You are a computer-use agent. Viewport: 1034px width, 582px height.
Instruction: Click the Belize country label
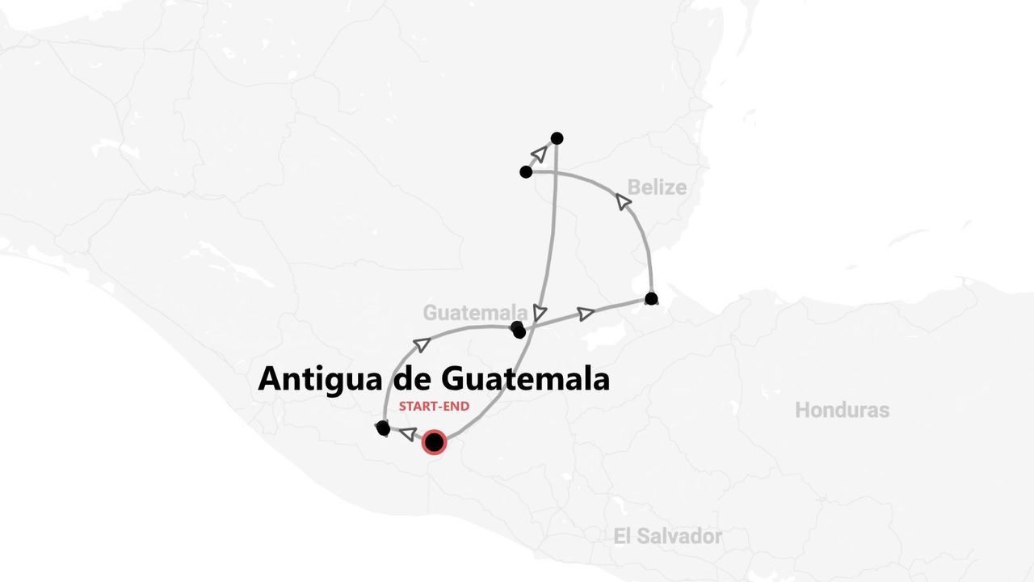(x=657, y=188)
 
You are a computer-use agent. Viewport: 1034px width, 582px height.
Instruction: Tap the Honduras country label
(x=842, y=410)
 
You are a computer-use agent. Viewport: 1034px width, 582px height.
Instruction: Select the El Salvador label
(x=667, y=536)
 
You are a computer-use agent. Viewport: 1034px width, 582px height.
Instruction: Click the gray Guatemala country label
(x=475, y=313)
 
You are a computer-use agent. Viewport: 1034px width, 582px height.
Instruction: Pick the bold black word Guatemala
(x=525, y=379)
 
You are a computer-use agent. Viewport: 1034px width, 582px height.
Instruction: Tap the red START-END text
(x=434, y=407)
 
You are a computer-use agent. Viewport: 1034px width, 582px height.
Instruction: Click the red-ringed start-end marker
(x=435, y=442)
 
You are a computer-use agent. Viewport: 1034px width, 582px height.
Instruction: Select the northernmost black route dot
(x=557, y=138)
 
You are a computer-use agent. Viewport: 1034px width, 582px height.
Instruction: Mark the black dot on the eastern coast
(x=651, y=299)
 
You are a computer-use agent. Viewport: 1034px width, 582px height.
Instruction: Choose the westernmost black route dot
(x=383, y=428)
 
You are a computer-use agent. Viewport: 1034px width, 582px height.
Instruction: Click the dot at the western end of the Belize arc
(x=526, y=172)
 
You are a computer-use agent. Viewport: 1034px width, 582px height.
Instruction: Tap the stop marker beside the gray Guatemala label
(x=518, y=329)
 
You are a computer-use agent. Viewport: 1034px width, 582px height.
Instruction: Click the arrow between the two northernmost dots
(x=540, y=153)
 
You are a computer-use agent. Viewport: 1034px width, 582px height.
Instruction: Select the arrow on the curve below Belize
(x=624, y=201)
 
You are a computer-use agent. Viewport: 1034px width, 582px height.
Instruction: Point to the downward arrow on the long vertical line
(x=540, y=312)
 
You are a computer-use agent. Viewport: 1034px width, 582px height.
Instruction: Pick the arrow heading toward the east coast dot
(x=586, y=314)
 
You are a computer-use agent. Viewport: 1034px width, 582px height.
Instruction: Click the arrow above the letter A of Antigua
(x=421, y=345)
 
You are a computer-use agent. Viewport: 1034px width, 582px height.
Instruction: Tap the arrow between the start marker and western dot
(x=408, y=434)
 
